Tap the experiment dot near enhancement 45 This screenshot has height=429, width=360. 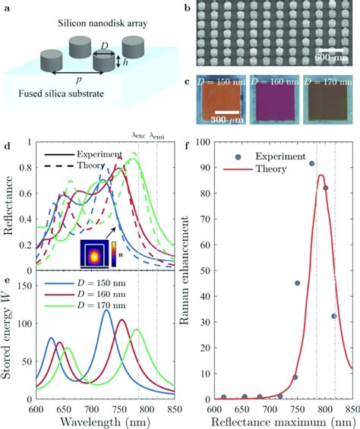(297, 283)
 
